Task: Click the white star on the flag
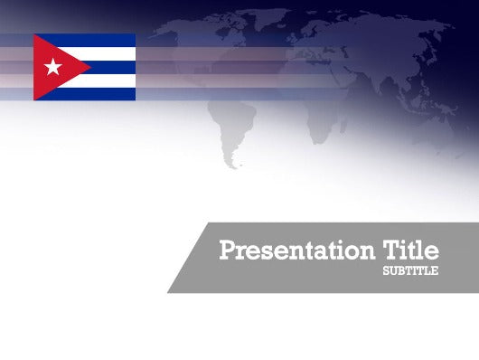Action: (52, 66)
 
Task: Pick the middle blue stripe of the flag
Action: (113, 67)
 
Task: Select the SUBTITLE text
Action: (410, 270)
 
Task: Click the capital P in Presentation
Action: (227, 251)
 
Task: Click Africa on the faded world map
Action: (321, 109)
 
